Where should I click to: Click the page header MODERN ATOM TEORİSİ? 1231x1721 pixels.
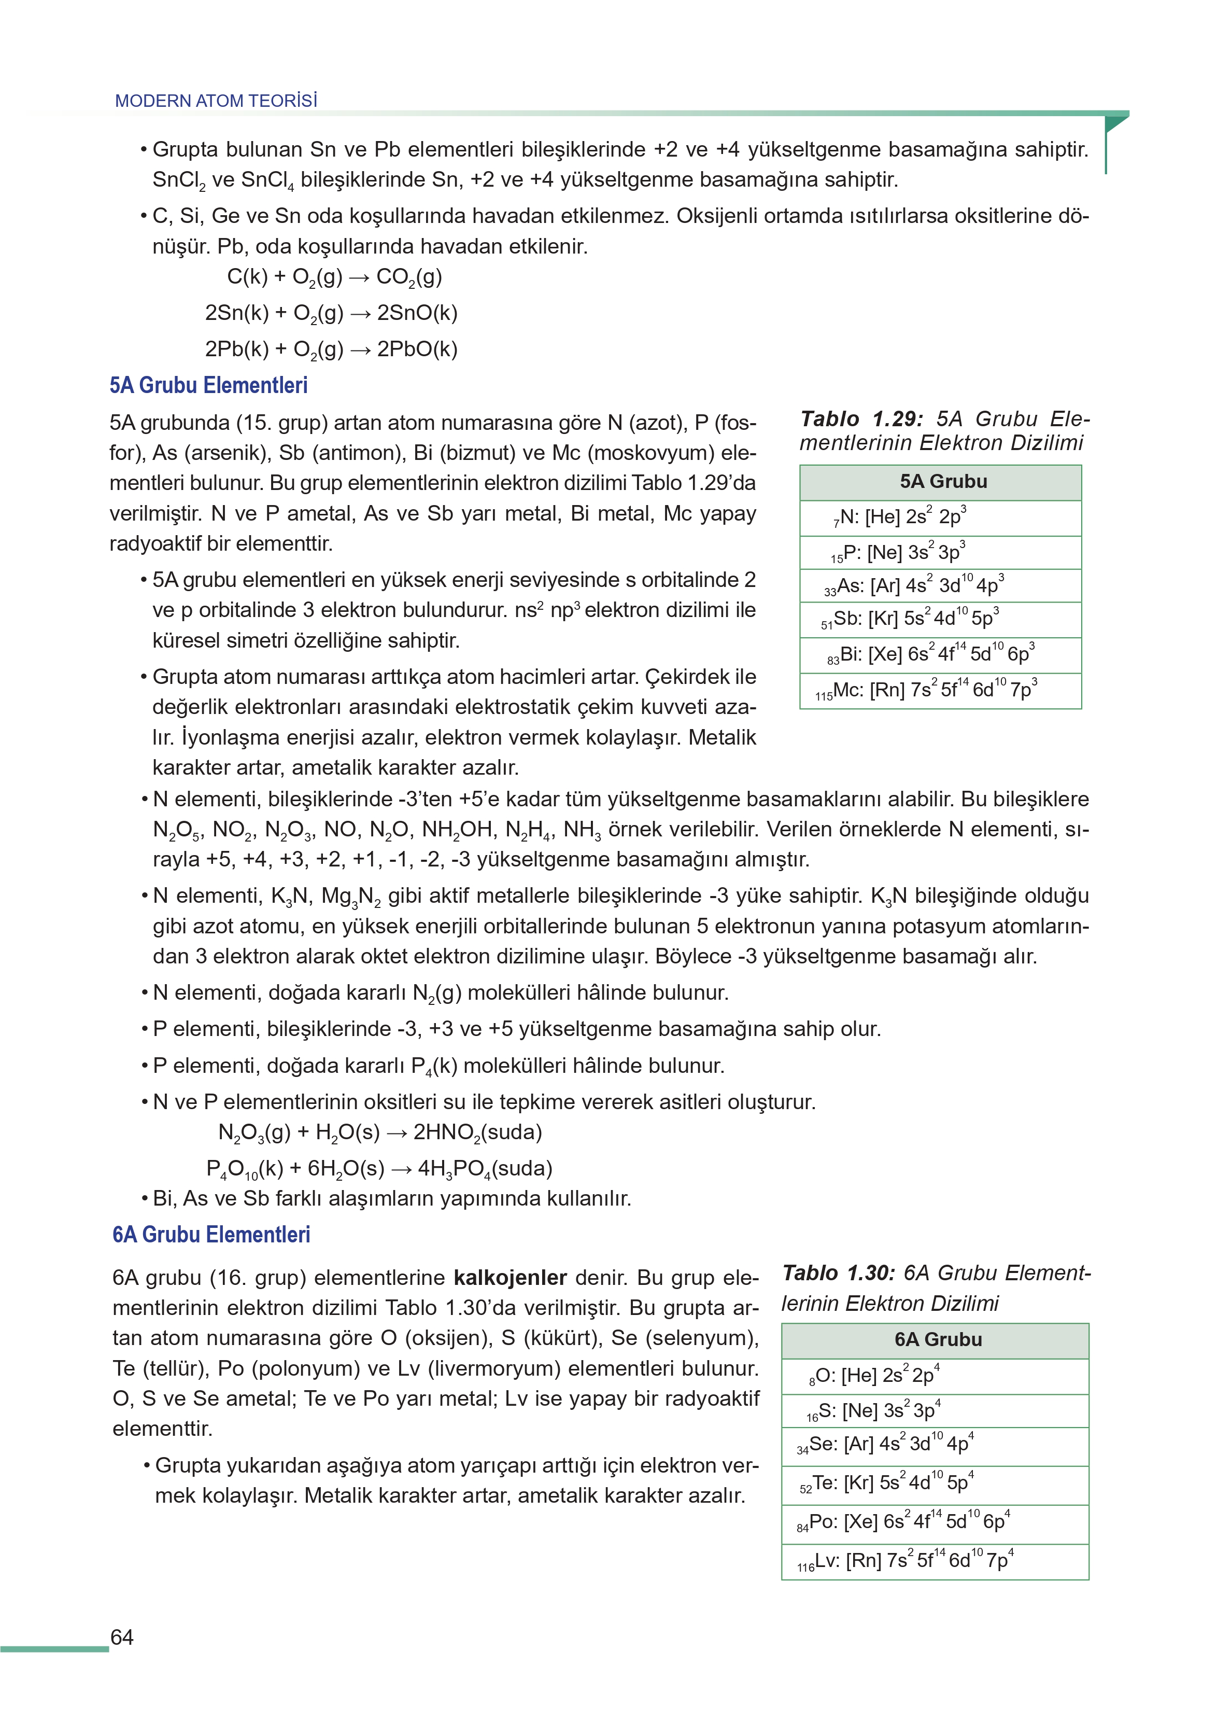point(216,101)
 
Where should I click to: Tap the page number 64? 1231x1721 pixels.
point(122,1637)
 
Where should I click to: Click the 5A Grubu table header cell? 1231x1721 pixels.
point(940,482)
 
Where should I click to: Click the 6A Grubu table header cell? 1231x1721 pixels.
point(935,1340)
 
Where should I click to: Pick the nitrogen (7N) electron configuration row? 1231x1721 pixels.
point(940,518)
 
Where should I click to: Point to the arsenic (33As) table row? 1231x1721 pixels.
point(940,585)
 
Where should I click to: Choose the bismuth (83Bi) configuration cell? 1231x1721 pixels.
point(940,654)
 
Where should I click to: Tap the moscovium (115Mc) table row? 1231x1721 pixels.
point(940,691)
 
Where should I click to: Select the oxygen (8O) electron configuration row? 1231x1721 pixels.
point(935,1376)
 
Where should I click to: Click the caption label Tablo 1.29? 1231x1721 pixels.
point(861,419)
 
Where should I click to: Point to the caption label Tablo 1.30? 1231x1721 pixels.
point(838,1273)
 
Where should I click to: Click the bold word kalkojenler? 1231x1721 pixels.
point(510,1278)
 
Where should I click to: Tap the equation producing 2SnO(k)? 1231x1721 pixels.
point(331,313)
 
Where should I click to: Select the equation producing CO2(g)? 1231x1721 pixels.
point(334,277)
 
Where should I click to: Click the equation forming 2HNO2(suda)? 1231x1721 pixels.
point(380,1132)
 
